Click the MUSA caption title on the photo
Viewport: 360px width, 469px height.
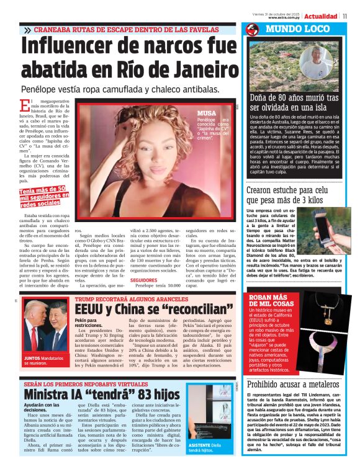point(206,113)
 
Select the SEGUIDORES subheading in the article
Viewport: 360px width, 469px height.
point(143,280)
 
